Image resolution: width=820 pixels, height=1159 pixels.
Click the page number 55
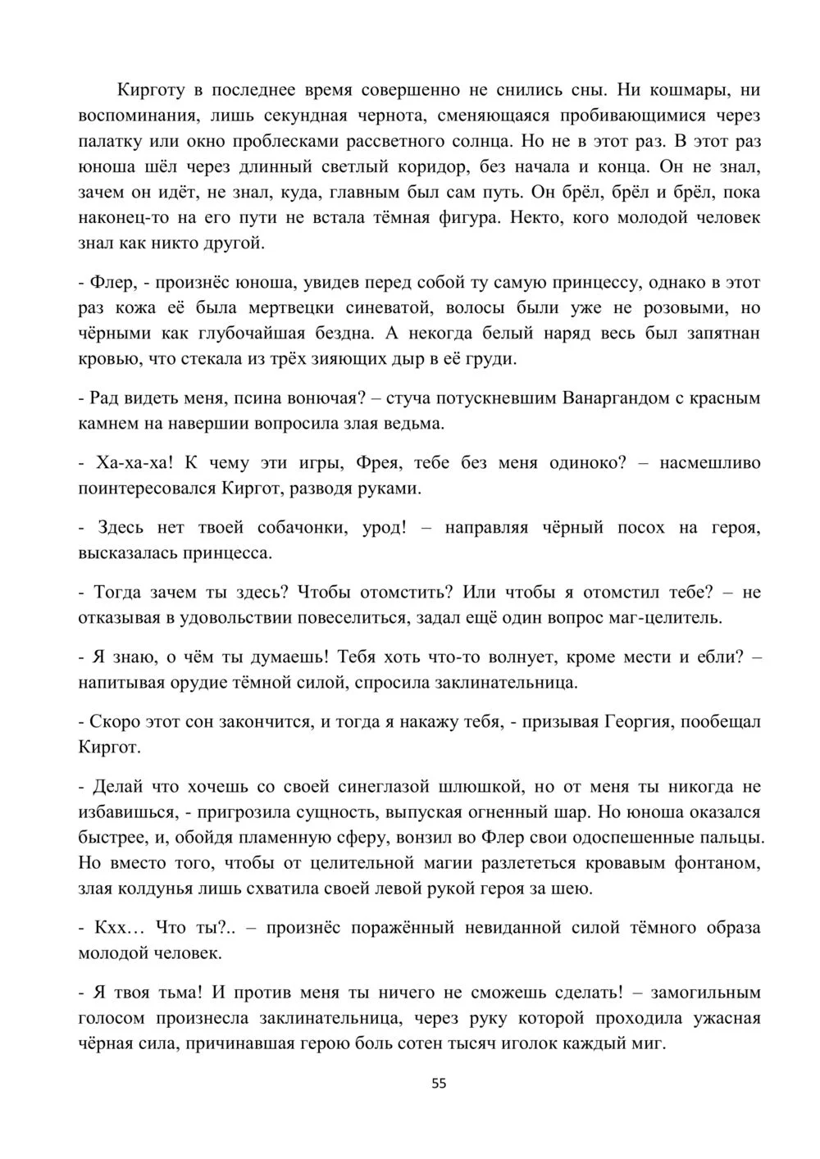[440, 1083]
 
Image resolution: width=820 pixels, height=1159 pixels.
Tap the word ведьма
[417, 424]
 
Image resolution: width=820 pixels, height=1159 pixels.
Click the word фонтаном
[714, 863]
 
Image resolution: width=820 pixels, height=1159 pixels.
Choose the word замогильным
[705, 992]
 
